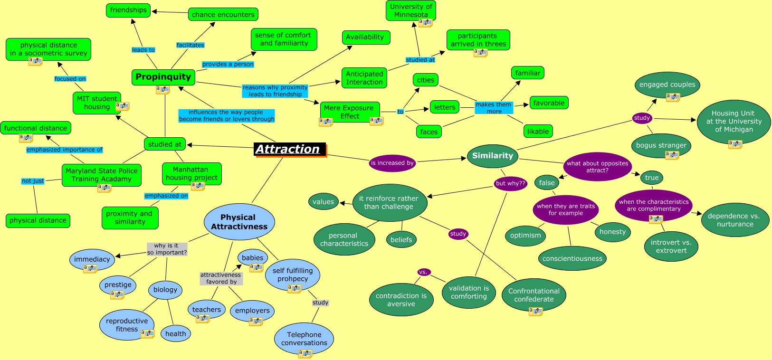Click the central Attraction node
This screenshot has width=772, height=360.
(x=290, y=150)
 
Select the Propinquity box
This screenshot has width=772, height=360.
(x=163, y=77)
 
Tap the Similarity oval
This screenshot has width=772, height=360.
(x=493, y=156)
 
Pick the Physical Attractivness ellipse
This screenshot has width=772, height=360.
(x=239, y=222)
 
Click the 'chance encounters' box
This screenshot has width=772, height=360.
(x=223, y=14)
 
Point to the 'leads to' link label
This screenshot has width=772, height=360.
(x=143, y=50)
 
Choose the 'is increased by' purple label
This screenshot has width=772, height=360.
(x=392, y=163)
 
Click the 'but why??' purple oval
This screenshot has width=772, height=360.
(x=510, y=183)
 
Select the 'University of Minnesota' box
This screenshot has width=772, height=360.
(x=411, y=10)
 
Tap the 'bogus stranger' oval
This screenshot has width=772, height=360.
(x=661, y=145)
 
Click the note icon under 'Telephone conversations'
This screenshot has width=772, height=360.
(x=305, y=353)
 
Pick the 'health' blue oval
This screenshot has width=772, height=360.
(x=175, y=333)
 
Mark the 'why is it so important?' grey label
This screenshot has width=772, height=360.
(x=167, y=249)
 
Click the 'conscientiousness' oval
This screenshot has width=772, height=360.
(x=572, y=258)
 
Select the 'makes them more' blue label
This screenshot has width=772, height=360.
(x=494, y=108)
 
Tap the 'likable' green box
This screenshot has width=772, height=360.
(x=538, y=131)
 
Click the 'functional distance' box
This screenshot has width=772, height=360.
(x=36, y=128)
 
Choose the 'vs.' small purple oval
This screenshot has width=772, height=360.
(x=424, y=272)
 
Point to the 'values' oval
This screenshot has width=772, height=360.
(x=323, y=201)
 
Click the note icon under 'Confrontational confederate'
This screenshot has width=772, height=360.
(x=535, y=312)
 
